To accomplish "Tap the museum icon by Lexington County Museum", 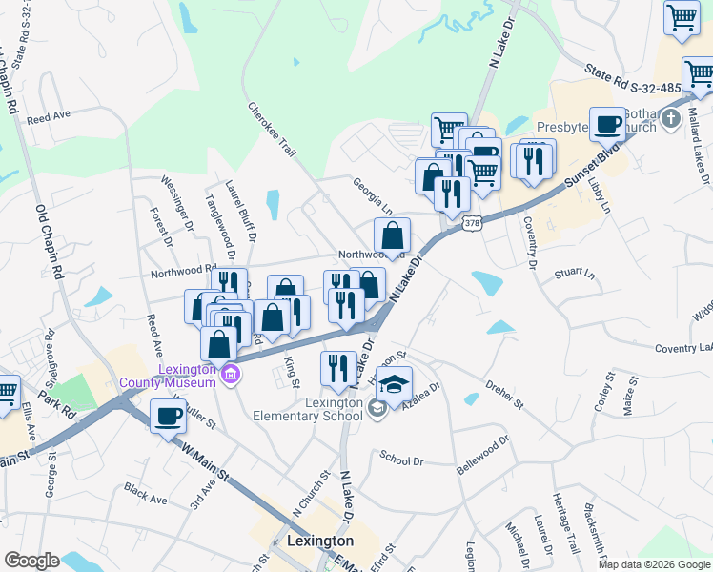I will (229, 375).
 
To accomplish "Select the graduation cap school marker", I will (394, 385).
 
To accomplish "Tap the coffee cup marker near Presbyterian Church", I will (607, 124).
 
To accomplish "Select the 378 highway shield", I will (471, 222).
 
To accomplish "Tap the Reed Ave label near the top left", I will (50, 118).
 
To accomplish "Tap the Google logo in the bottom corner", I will (32, 561).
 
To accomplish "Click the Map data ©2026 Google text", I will (654, 564).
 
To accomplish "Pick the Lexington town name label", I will (320, 541).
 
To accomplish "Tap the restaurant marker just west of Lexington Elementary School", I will (338, 369).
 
